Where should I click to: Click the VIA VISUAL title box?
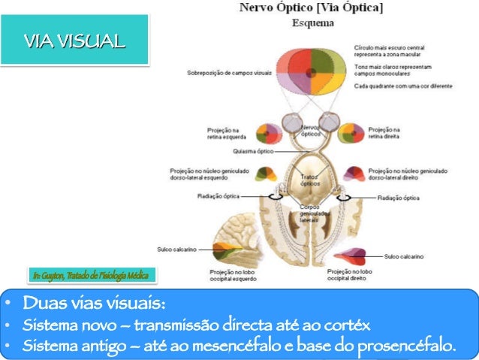click(74, 40)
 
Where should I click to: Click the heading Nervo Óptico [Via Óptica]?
click(310, 8)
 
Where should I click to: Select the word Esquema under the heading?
click(309, 23)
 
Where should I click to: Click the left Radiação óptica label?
click(219, 197)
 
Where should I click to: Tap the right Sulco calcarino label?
click(404, 256)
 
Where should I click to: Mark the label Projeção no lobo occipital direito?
click(350, 274)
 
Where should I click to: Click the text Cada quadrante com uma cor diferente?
click(404, 86)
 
